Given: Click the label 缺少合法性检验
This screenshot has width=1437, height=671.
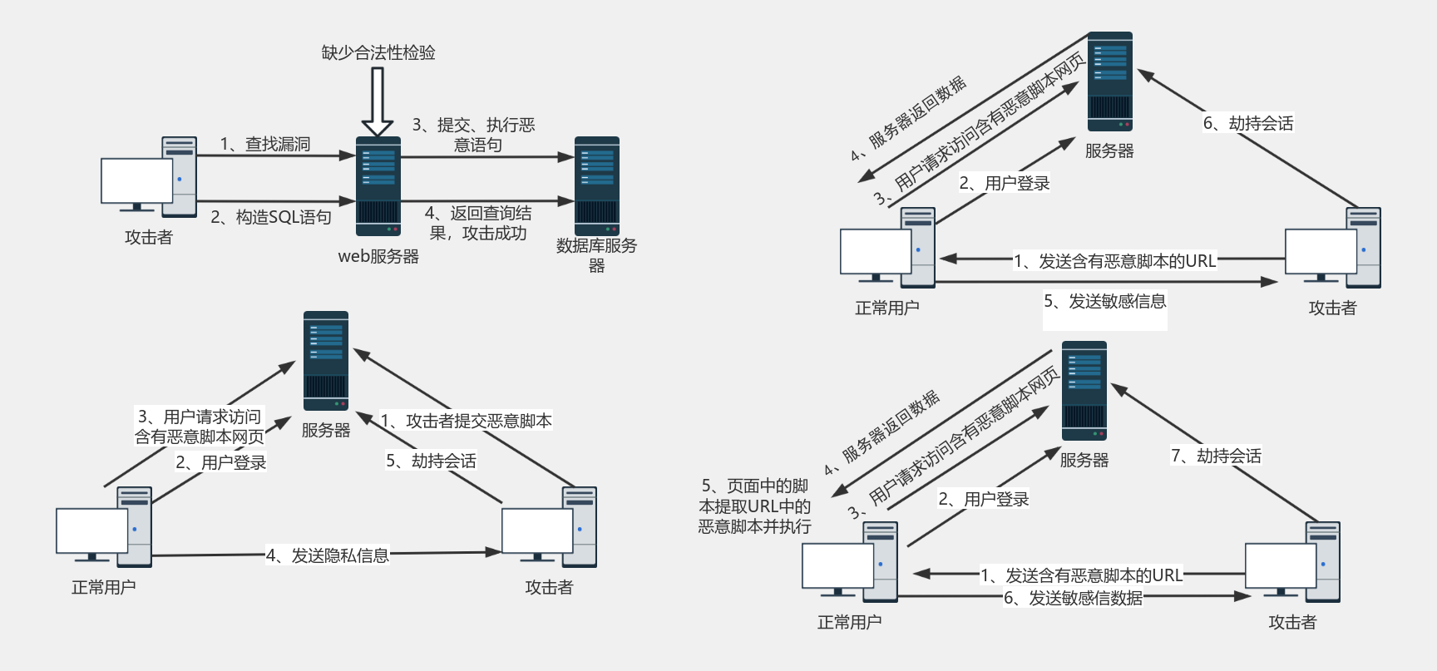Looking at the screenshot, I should click(378, 52).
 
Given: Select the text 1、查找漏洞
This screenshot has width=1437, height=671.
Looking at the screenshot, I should click(264, 144).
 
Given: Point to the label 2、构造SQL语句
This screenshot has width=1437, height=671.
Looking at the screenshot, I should click(271, 217).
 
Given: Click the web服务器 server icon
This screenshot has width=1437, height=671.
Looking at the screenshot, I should click(378, 186).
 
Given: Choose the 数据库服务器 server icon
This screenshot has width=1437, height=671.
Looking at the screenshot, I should click(597, 186).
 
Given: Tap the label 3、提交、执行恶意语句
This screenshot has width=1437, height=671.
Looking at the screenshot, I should click(474, 135).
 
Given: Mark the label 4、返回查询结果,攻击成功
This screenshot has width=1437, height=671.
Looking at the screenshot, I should click(478, 223).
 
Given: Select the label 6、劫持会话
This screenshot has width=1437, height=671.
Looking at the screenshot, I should click(1248, 123).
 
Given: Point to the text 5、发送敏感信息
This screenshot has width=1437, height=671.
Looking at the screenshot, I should click(1105, 301).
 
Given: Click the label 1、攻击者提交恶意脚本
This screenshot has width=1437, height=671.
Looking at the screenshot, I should click(467, 421).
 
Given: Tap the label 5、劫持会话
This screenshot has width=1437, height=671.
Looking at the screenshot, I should click(431, 461).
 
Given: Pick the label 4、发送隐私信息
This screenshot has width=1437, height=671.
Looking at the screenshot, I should click(328, 555).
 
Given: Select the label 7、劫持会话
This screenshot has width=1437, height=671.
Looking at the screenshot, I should click(1216, 456).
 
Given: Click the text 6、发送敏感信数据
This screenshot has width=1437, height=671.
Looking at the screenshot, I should click(1073, 598).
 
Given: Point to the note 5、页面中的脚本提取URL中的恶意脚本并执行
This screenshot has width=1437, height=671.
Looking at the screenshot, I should click(755, 506).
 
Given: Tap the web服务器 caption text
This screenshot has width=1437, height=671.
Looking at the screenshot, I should click(378, 256).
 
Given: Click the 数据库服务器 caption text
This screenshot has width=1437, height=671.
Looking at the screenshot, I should click(596, 255).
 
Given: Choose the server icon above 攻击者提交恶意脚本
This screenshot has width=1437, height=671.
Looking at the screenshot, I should click(326, 361).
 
